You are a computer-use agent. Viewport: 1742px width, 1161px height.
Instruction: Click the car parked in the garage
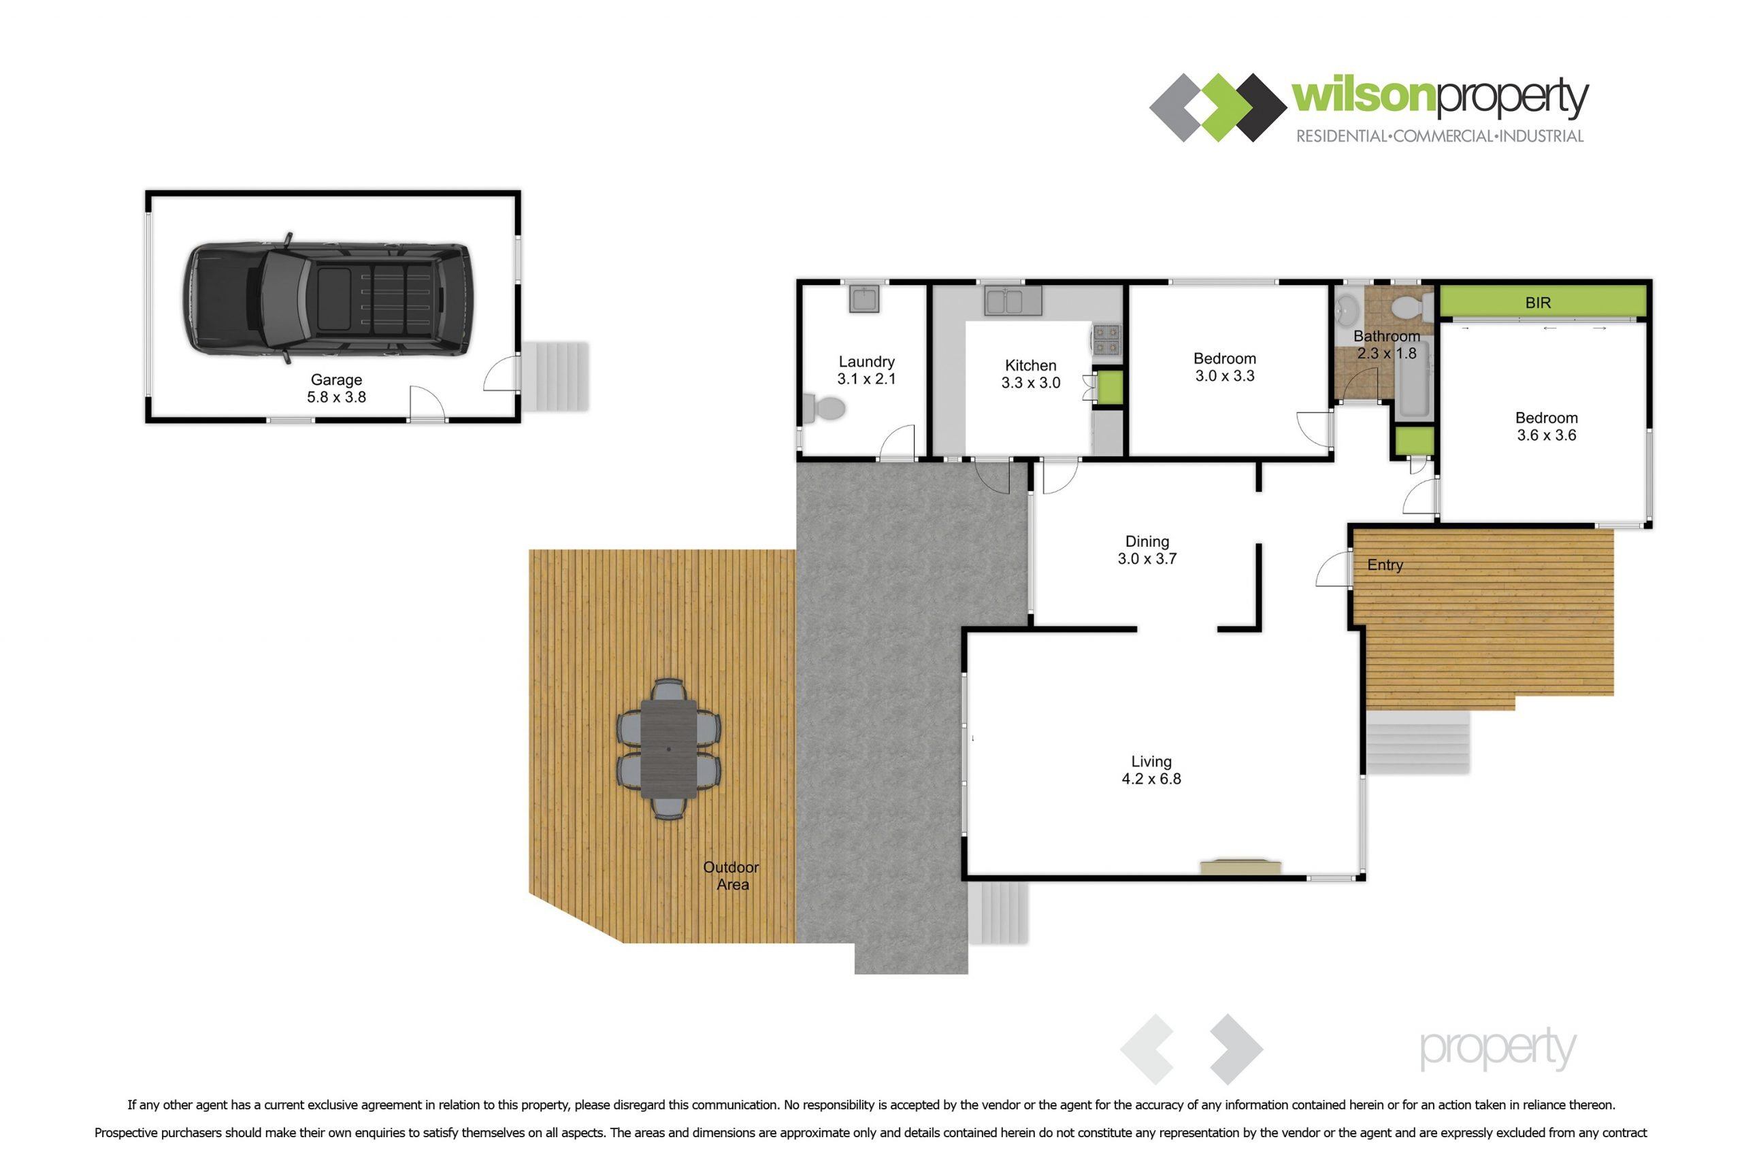(327, 299)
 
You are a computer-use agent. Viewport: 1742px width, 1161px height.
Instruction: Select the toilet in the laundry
(824, 409)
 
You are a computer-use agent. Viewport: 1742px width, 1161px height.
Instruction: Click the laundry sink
(864, 299)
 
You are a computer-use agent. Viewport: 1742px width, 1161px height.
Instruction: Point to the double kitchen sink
(1013, 301)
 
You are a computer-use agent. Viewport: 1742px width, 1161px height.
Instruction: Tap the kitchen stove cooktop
(1106, 340)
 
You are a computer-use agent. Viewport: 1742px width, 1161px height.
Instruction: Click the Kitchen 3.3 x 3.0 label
(1031, 374)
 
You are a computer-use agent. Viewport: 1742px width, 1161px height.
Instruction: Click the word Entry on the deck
(1385, 565)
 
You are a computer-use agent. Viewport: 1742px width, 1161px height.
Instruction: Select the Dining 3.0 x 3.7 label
(1147, 550)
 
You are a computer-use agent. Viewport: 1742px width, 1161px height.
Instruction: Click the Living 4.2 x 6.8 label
(1151, 770)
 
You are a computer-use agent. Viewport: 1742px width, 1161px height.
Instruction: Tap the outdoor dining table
(669, 750)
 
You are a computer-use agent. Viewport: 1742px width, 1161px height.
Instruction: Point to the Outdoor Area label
(731, 876)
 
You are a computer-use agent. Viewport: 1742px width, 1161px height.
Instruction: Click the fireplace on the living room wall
(1240, 867)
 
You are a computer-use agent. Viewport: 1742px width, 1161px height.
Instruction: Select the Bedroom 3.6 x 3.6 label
(1547, 426)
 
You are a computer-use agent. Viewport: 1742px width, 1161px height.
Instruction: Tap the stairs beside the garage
(555, 376)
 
